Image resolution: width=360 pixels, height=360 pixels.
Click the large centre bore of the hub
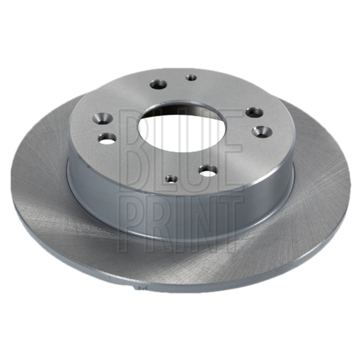click(178, 127)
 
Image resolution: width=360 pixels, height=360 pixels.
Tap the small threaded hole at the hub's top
click(191, 77)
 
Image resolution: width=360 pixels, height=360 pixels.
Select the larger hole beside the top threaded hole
click(158, 85)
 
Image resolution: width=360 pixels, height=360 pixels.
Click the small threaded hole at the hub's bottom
click(171, 178)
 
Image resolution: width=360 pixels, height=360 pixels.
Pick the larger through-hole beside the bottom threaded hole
click(208, 171)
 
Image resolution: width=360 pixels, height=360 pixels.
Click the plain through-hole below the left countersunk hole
click(107, 139)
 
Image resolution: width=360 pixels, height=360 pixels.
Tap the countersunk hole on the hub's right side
click(262, 132)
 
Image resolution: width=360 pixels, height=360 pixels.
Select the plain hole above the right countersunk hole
click(254, 112)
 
